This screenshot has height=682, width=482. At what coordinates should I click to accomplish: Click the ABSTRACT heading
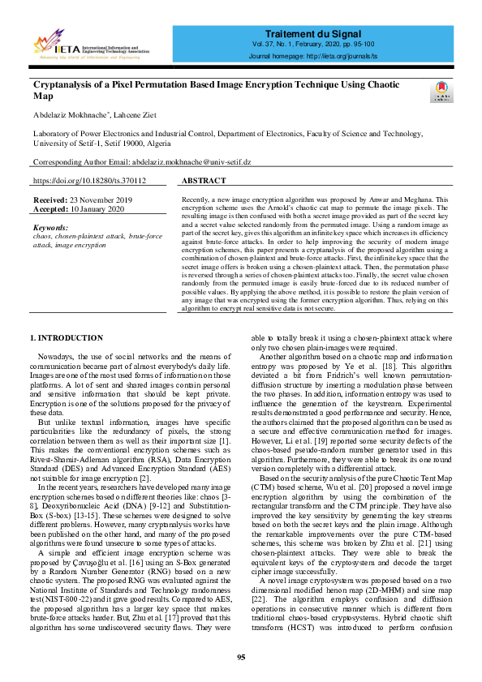pyautogui.click(x=204, y=181)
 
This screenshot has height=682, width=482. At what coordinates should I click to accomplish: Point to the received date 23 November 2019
pyautogui.click(x=94, y=199)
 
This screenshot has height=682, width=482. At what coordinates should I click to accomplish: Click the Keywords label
pyautogui.click(x=52, y=228)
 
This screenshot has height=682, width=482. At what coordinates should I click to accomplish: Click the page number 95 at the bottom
pyautogui.click(x=241, y=658)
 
